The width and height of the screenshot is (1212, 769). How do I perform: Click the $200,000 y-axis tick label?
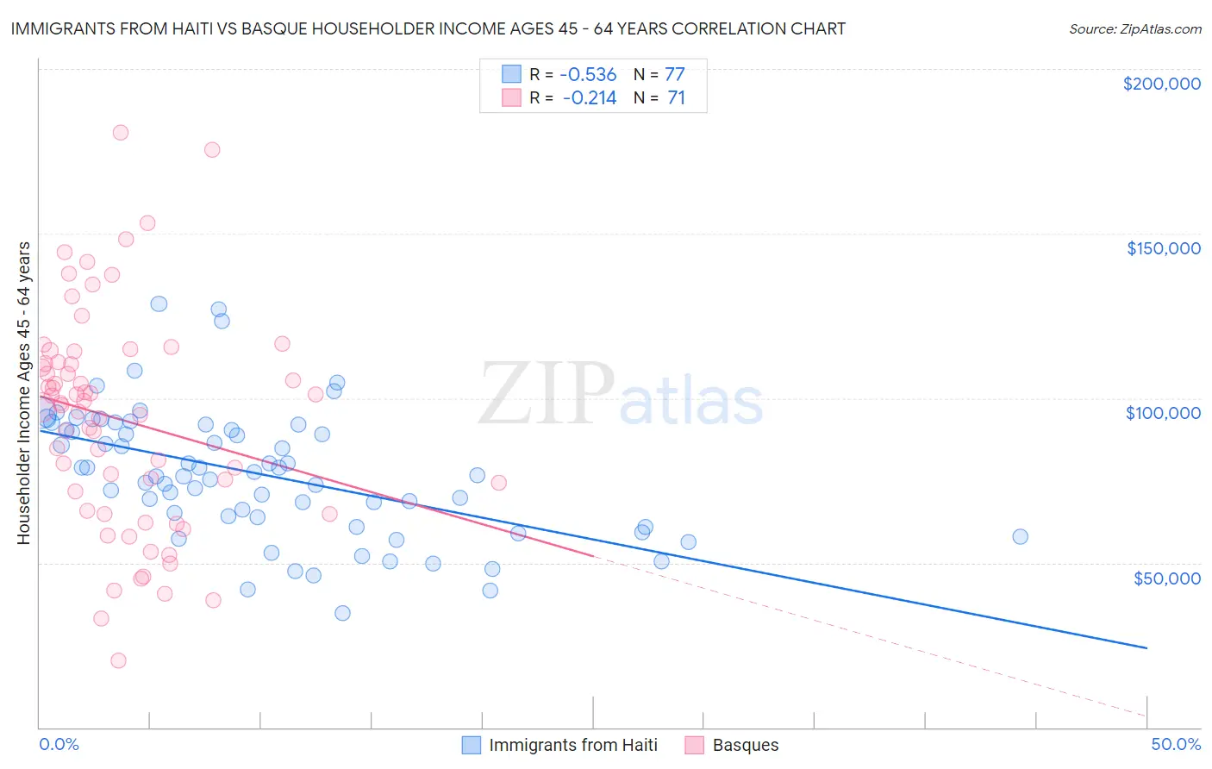tap(1161, 84)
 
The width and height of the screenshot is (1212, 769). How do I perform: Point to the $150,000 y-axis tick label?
tap(1163, 248)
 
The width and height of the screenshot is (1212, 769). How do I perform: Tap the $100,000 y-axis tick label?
tap(1163, 413)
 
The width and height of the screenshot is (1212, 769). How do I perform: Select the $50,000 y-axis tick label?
tap(1166, 578)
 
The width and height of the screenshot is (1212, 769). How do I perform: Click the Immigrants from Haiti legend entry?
tap(572, 745)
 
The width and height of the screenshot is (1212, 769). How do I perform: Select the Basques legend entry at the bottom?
tap(745, 745)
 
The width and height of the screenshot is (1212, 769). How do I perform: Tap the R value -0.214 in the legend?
tap(590, 98)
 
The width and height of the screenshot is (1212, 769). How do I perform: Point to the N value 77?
tap(674, 75)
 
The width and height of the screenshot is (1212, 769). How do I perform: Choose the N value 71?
tap(676, 98)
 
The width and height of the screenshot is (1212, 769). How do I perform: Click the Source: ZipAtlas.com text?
tap(1134, 29)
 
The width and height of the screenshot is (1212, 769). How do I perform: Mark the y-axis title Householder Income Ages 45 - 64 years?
tap(24, 392)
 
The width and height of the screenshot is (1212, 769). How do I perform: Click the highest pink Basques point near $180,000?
tap(121, 133)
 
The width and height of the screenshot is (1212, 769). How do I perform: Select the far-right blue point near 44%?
tap(1020, 536)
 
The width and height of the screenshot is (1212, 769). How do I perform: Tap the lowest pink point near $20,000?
tap(119, 660)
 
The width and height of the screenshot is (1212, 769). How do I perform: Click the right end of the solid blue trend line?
tap(1146, 647)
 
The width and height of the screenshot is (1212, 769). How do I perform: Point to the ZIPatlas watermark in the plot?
tap(621, 395)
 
